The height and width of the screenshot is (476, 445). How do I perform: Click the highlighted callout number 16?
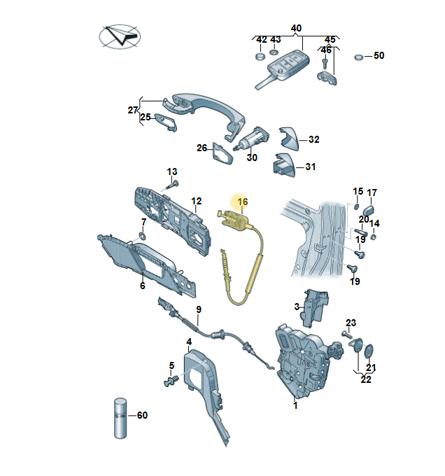(x=243, y=202)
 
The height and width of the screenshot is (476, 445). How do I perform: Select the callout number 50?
(x=379, y=55)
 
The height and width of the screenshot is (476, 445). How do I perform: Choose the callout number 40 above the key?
(x=296, y=29)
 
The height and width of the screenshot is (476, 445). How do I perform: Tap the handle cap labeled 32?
(x=288, y=138)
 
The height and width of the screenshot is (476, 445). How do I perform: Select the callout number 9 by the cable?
(x=199, y=309)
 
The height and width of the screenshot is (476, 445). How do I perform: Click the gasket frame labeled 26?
(x=222, y=153)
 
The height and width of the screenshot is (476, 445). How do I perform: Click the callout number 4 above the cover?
(x=189, y=342)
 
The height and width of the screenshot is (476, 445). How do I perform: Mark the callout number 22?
(x=366, y=380)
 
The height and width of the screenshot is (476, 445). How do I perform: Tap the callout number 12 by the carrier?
(x=197, y=201)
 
